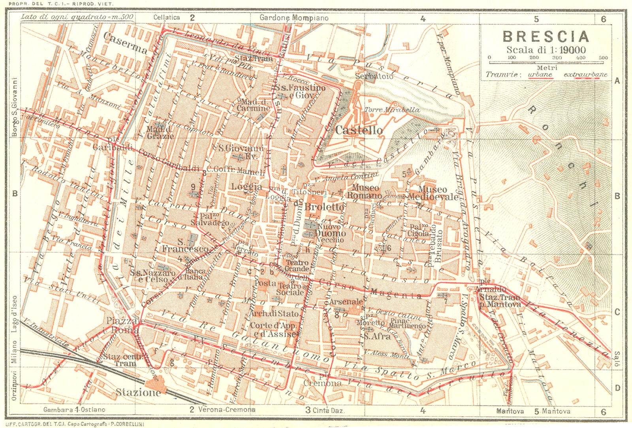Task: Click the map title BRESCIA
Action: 546,36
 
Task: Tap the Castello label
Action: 359,130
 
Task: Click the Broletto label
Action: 324,207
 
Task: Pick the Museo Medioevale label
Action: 433,193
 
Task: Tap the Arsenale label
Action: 346,302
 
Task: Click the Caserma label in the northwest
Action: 125,43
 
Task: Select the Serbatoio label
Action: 374,76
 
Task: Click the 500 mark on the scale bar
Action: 603,58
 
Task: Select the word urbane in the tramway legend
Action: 540,74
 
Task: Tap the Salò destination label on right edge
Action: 617,359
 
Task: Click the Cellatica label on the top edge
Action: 166,17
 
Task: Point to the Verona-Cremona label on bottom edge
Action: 227,410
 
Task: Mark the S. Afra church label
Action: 377,336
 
